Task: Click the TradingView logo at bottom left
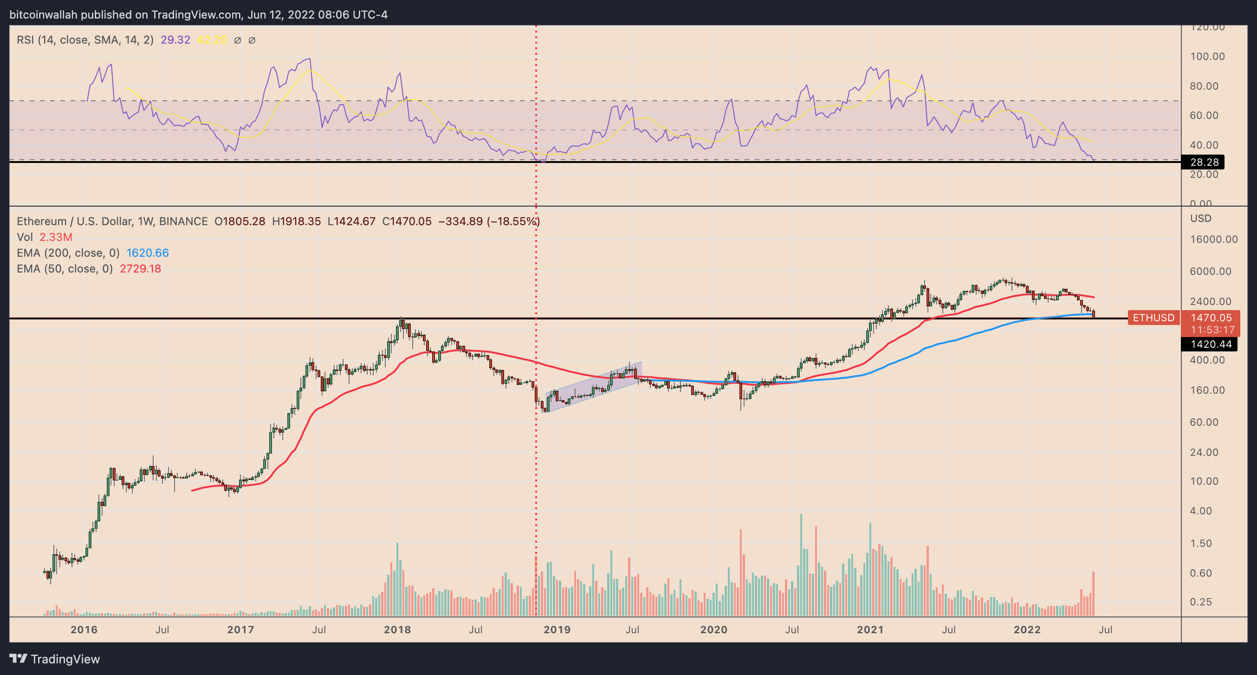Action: (x=54, y=659)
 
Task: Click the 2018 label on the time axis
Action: (x=397, y=630)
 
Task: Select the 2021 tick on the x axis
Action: (x=870, y=630)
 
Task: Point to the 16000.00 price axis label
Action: (x=1213, y=239)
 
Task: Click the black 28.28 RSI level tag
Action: (x=1203, y=162)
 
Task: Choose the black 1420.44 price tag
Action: (x=1211, y=344)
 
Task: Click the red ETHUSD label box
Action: (x=1153, y=318)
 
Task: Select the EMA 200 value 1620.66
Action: (x=147, y=253)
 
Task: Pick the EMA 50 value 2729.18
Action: (x=140, y=268)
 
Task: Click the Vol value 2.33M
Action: (x=56, y=237)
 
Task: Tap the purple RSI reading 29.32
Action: (x=175, y=40)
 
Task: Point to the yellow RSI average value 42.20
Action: (x=212, y=40)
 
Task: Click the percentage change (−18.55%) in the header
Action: (x=513, y=221)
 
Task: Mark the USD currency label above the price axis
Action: (x=1200, y=218)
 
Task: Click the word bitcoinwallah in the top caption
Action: (x=44, y=15)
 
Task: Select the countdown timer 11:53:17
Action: (x=1212, y=330)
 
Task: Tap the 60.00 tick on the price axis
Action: (x=1204, y=422)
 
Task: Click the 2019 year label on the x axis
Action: (x=557, y=630)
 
